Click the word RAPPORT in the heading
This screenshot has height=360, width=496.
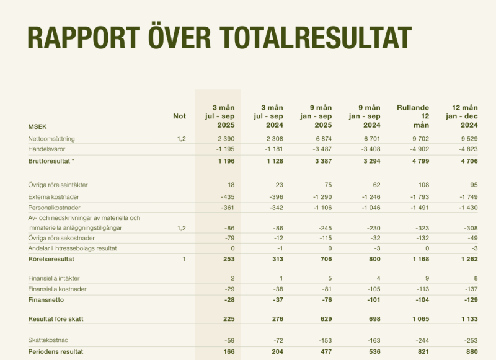(82, 37)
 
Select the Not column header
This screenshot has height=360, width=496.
(179, 116)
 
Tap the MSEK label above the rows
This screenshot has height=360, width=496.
(38, 126)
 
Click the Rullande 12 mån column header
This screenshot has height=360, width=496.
(412, 116)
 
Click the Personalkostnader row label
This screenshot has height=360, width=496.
(55, 207)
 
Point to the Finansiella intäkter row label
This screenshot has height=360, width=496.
(54, 279)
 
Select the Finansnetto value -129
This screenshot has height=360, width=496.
(470, 300)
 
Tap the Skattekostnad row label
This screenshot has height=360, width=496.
(48, 340)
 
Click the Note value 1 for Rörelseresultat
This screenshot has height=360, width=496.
(184, 259)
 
